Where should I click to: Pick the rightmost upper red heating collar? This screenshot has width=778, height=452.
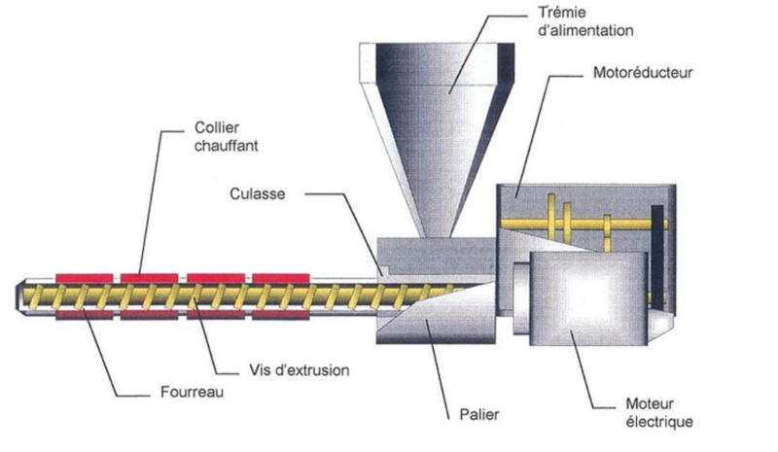point(281,279)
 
